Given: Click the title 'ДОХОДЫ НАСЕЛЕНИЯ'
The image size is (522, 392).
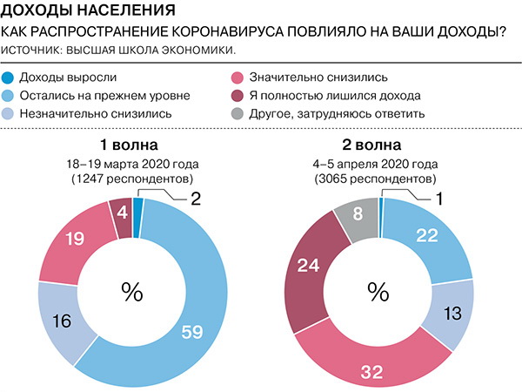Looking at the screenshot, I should tap(76, 12).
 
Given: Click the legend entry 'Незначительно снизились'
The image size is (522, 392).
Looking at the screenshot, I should tap(94, 113).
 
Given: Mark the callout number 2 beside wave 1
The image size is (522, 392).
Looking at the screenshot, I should tap(196, 198).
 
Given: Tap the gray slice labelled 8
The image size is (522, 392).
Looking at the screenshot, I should tap(358, 213).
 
